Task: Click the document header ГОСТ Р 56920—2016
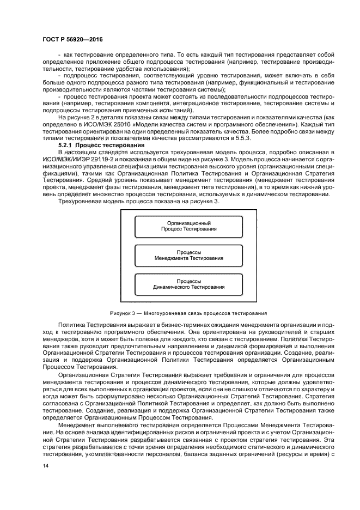[x=72, y=39]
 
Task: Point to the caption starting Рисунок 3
[x=188, y=313]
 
